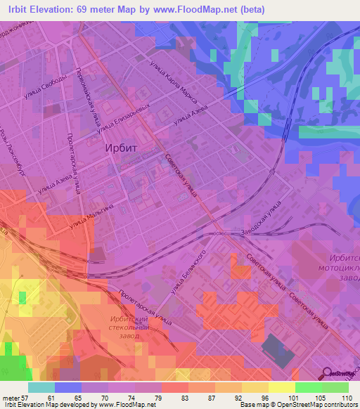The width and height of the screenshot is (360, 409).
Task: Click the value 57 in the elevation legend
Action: pyautogui.click(x=29, y=397)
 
